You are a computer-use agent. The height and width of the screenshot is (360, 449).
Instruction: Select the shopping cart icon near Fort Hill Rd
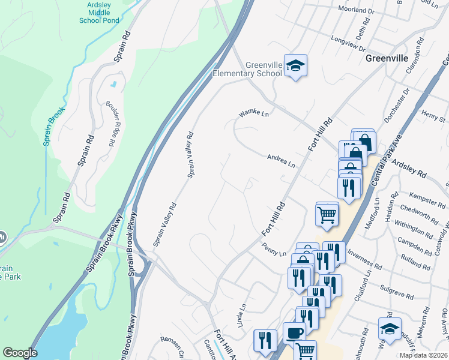tap(327, 214)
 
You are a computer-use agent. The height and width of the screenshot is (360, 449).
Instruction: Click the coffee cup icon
tap(294, 332)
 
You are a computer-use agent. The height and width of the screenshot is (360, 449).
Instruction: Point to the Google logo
tap(20, 353)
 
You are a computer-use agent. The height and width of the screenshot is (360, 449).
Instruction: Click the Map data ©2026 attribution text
tap(423, 355)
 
